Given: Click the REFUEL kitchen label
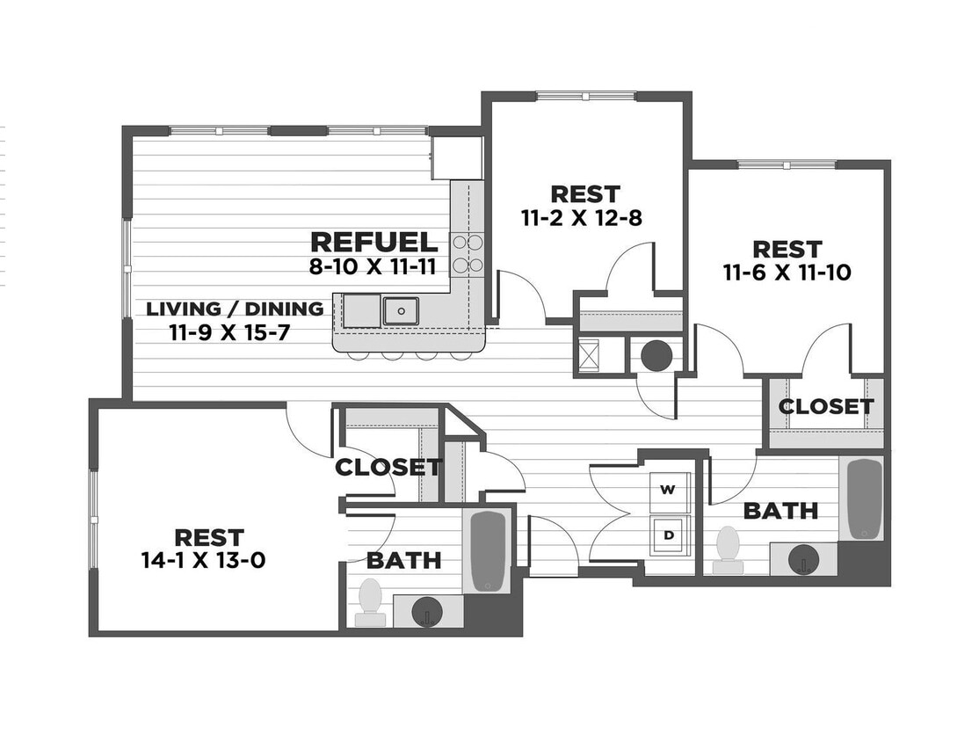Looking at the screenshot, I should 373,243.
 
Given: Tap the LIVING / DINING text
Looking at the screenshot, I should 235,309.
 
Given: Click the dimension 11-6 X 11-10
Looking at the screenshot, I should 787,273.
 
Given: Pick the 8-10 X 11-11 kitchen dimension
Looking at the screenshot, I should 373,267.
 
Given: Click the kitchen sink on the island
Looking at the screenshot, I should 401,310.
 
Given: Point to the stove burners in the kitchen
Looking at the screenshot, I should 467,253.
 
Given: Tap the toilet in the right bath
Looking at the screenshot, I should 728,548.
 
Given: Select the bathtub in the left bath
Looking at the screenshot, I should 488,550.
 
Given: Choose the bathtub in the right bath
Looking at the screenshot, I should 865,498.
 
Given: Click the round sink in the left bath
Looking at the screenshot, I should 427,611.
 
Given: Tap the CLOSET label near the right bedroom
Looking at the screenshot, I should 826,407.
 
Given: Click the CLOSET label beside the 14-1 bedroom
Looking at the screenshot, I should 388,467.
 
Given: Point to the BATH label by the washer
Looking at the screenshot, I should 780,510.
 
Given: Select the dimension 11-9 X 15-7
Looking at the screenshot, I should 229,332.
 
